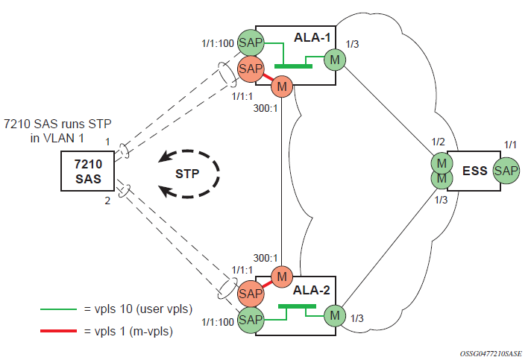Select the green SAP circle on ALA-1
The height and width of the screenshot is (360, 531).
[x=251, y=43]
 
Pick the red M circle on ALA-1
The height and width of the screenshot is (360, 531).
[x=282, y=86]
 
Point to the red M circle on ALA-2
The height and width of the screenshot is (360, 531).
[x=282, y=276]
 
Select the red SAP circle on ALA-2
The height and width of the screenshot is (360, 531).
[x=251, y=293]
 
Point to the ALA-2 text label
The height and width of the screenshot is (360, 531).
[x=314, y=291]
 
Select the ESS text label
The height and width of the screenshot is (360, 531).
[x=475, y=171]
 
